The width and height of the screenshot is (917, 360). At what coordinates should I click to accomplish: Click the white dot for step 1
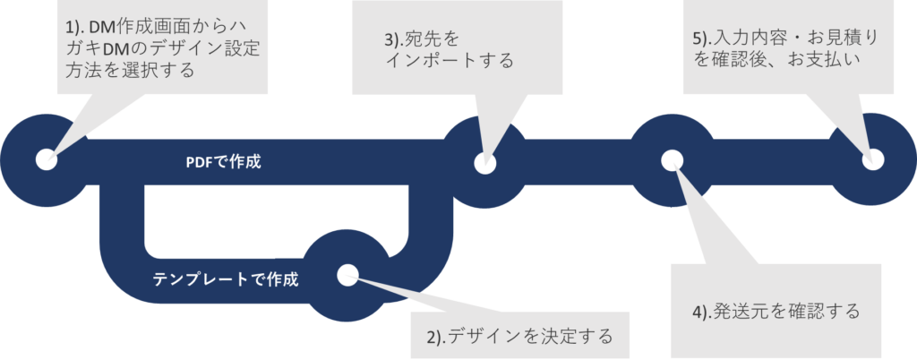click(46, 159)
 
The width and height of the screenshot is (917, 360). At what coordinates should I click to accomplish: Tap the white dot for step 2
click(347, 274)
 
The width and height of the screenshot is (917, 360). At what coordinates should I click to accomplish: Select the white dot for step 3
click(484, 163)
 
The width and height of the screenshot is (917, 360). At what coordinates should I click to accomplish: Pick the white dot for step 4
click(672, 159)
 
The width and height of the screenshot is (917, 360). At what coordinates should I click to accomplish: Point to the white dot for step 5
click(872, 159)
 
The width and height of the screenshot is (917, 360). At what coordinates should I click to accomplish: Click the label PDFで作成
click(223, 162)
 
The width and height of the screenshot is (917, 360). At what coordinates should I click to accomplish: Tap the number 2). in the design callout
click(435, 338)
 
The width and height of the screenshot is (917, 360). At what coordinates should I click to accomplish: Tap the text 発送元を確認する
click(787, 311)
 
